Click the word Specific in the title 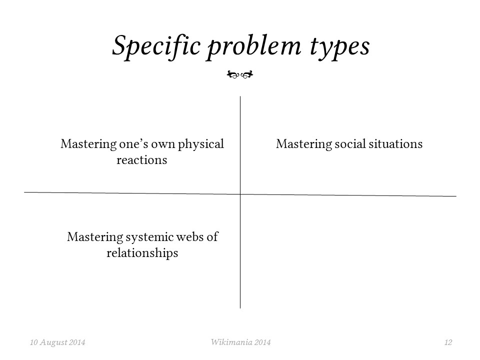(x=156, y=46)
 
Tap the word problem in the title (x=254, y=47)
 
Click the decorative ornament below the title (x=240, y=74)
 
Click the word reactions (x=141, y=160)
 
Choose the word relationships (x=142, y=253)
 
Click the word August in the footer (x=53, y=342)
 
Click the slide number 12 (x=448, y=342)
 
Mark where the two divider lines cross (x=240, y=194)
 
